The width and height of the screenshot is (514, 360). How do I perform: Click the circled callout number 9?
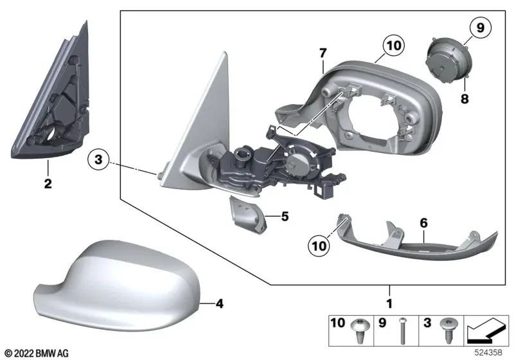point(479,28)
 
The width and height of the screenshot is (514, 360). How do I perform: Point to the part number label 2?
point(48,184)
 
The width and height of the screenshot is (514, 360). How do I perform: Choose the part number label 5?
point(285,217)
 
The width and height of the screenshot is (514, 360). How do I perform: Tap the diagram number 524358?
point(490,354)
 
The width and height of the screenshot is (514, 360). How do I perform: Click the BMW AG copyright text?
point(35,354)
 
